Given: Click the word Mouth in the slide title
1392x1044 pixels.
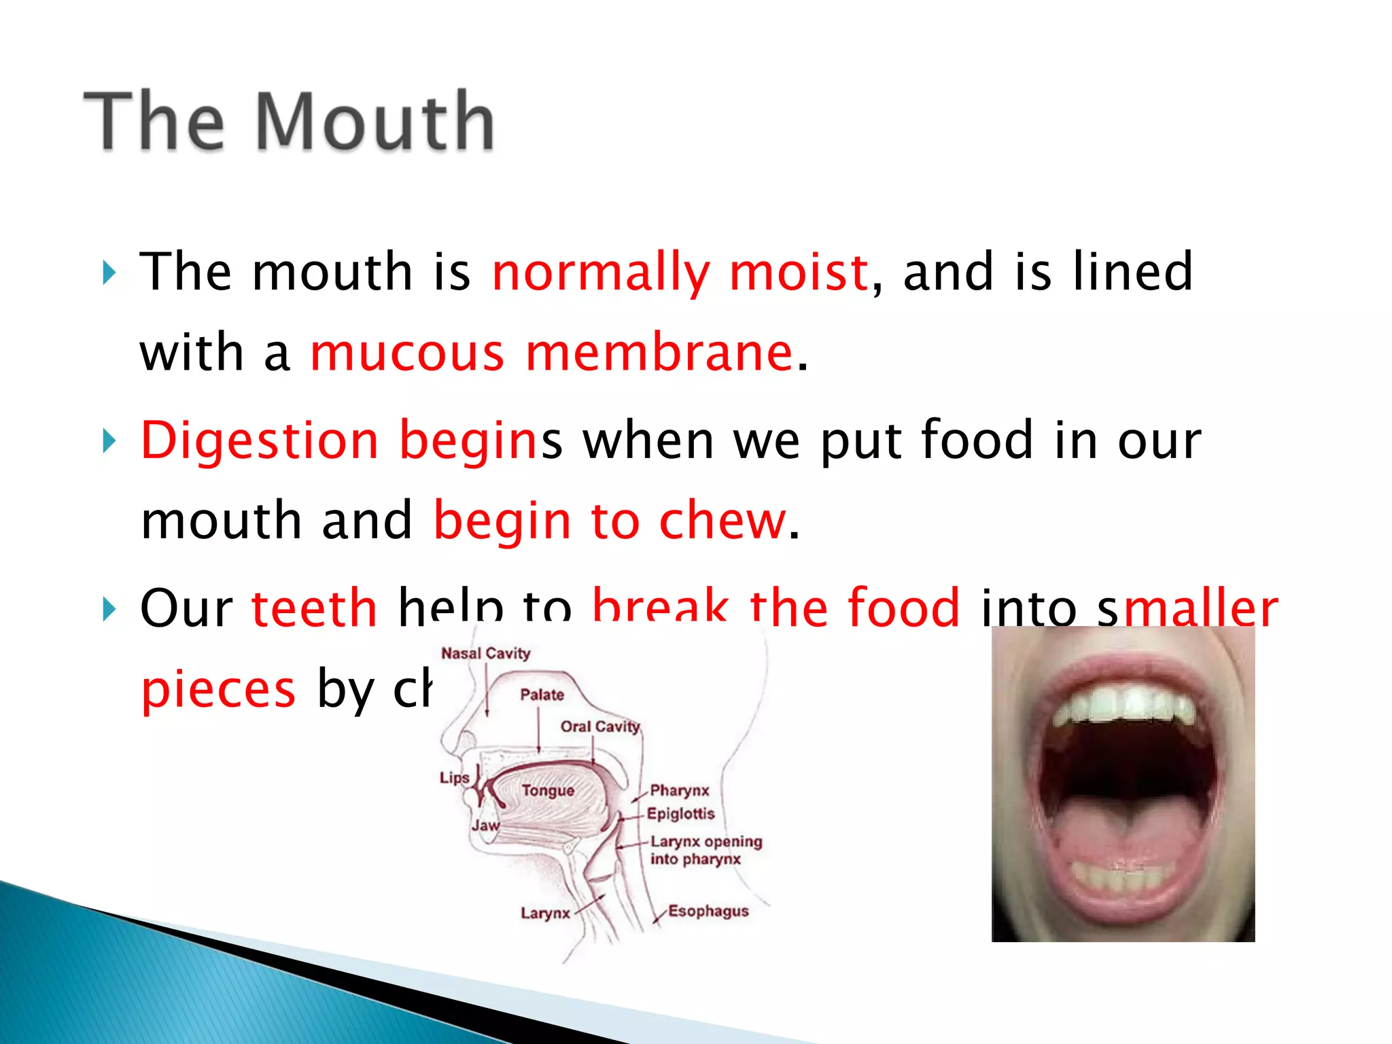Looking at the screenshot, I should click(x=376, y=121).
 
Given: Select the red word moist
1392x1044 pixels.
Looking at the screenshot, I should click(x=799, y=271).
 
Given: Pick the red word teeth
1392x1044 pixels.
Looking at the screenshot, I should click(x=314, y=606).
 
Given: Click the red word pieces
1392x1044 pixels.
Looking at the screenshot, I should click(x=218, y=689).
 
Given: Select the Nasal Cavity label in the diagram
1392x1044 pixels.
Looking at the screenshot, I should click(x=485, y=653).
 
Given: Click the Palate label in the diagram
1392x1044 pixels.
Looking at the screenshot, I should click(x=542, y=695).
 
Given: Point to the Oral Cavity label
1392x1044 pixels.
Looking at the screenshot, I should click(x=600, y=727).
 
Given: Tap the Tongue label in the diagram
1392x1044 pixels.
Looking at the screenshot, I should click(x=548, y=790).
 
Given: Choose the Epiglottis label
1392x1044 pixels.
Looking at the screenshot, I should click(x=680, y=814).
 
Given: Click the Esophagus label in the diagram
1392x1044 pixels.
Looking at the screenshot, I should click(x=708, y=911).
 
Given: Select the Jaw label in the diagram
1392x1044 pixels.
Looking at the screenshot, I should click(x=485, y=825).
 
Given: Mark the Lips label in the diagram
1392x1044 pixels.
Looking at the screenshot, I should click(x=454, y=778).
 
